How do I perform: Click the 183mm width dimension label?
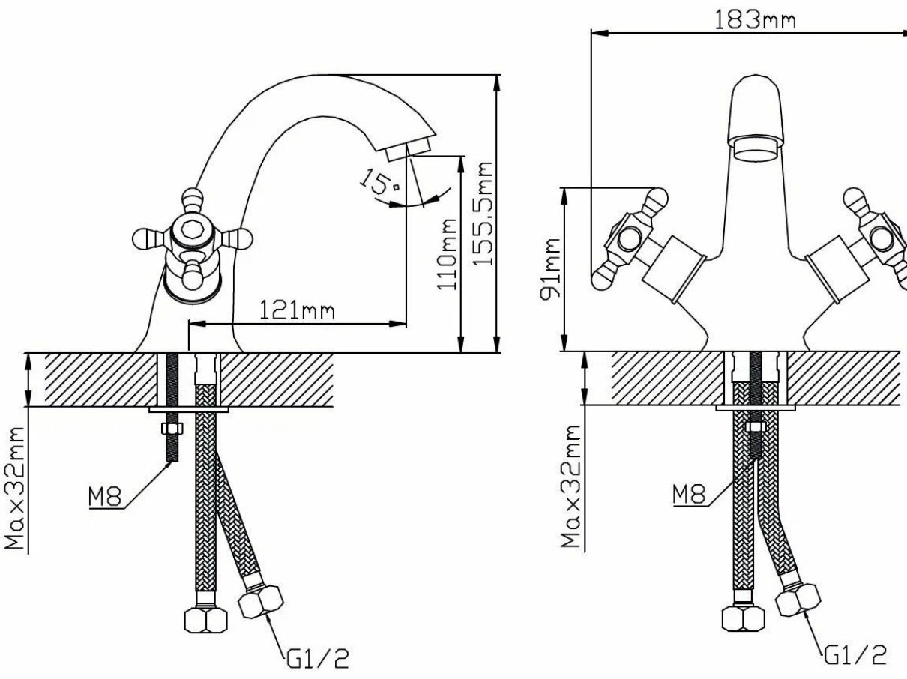(755, 19)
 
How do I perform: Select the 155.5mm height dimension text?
(483, 213)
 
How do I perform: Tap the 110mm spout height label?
(448, 254)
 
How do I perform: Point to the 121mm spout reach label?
(297, 310)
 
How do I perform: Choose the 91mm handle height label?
(551, 268)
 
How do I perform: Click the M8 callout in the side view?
(105, 496)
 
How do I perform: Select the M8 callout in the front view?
(689, 494)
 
